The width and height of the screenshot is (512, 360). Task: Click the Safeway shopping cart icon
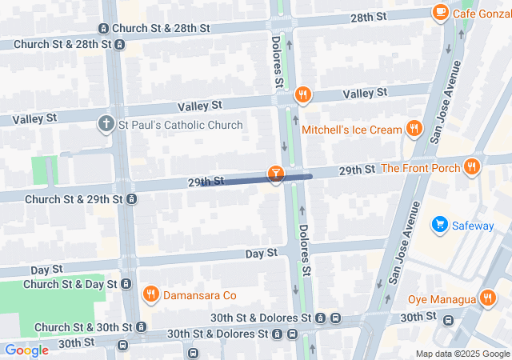coord(439,226)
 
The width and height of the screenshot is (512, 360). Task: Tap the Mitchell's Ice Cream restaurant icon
coord(414,129)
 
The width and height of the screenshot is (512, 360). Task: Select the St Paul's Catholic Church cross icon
coord(106,125)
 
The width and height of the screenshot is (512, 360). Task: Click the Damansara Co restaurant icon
coord(150,295)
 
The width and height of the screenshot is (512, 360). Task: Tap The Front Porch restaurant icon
coord(472,167)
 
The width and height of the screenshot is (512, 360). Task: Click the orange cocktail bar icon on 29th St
coord(275,174)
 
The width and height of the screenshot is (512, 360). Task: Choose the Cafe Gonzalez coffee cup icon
coord(439,12)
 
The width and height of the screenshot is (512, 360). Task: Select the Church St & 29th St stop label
coord(73,198)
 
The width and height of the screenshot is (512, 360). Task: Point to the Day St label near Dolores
coord(261,253)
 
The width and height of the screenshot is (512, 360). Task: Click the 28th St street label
coord(368,17)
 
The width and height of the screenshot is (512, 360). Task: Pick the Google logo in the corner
coord(26,350)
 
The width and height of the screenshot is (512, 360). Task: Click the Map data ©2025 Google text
coord(462,354)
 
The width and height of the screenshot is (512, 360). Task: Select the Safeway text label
coord(473,226)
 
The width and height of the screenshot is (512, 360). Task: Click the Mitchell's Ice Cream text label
coord(352,130)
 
